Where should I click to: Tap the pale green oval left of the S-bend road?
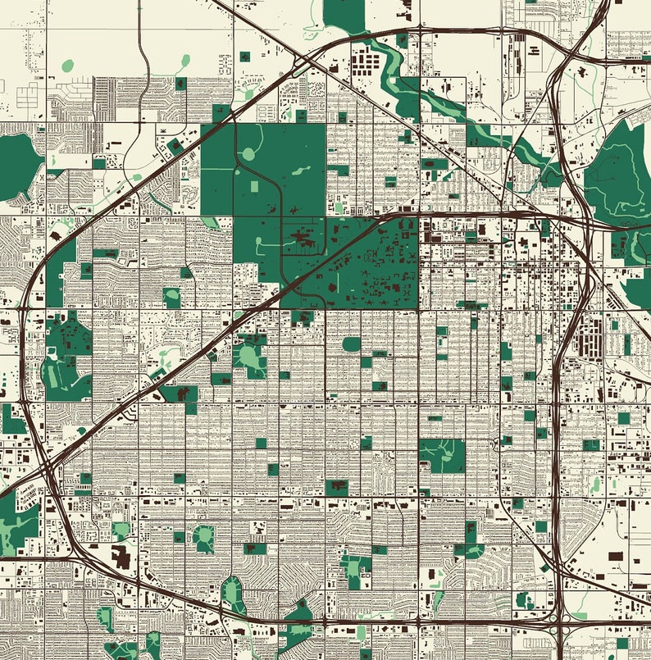(67, 65)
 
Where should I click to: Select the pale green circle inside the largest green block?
(249, 154)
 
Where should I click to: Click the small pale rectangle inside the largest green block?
(253, 188)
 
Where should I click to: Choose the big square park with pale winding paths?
(442, 456)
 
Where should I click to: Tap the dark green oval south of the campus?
(351, 344)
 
